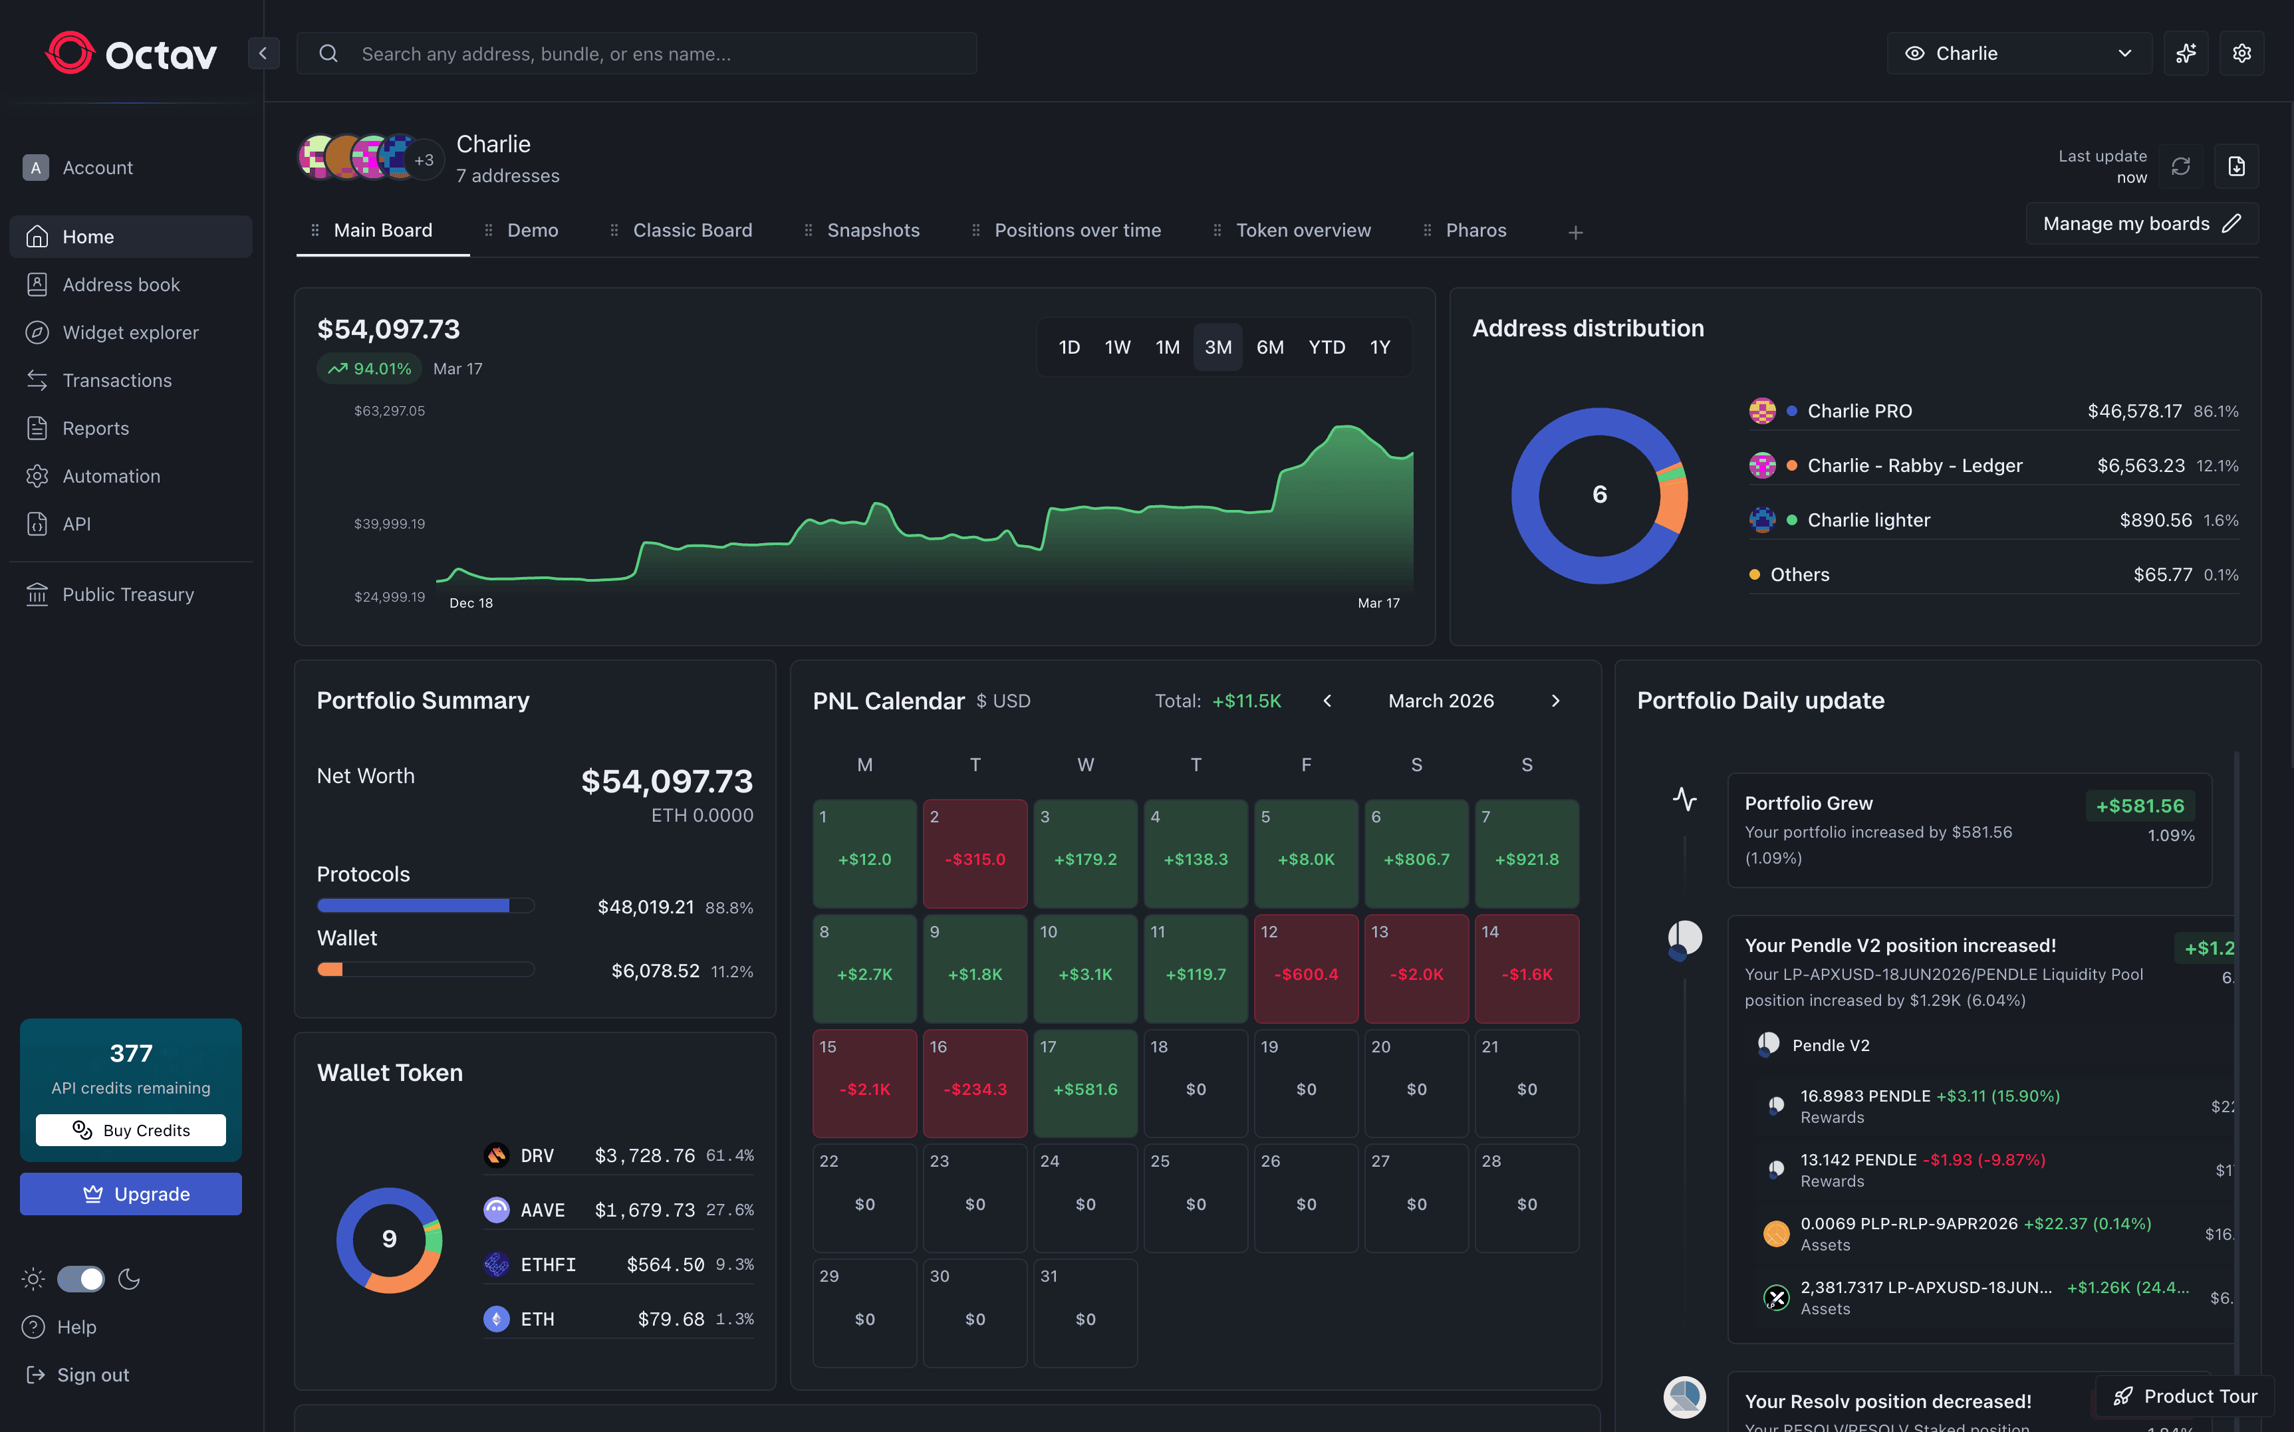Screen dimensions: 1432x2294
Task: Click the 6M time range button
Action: click(1269, 348)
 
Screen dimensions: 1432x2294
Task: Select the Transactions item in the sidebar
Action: click(116, 381)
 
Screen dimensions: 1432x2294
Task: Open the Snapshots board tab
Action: click(872, 230)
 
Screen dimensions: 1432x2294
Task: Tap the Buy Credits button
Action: click(131, 1130)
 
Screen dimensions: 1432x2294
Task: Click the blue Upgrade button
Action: click(131, 1194)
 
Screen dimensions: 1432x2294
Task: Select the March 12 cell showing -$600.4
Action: click(1305, 968)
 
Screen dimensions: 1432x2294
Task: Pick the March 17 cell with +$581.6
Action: click(1084, 1082)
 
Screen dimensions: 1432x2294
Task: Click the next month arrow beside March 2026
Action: click(1555, 701)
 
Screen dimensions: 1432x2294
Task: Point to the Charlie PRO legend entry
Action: click(1858, 411)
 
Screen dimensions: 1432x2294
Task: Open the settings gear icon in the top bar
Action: click(2241, 54)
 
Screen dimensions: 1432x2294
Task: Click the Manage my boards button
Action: click(2140, 223)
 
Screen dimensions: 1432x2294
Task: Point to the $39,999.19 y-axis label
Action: click(389, 524)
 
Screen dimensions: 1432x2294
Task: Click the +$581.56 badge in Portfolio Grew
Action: click(2140, 806)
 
